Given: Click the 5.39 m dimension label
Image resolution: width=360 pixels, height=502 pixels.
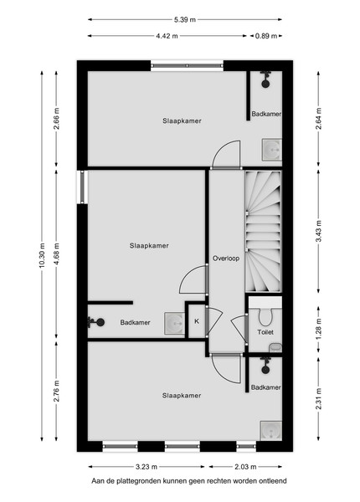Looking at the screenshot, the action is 185,19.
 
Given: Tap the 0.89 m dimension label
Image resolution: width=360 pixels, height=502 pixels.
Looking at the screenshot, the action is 266,36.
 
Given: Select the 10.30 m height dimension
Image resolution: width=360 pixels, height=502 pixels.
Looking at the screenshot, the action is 42,256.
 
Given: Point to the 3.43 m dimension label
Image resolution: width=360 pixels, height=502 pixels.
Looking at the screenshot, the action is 318,231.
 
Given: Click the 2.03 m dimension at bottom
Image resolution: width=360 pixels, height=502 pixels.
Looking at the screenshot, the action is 245,467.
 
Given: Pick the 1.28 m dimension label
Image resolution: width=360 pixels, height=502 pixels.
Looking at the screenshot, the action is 318,330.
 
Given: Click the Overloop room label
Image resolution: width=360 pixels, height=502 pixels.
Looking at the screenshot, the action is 226,259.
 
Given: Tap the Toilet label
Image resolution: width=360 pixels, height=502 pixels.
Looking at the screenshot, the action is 265,332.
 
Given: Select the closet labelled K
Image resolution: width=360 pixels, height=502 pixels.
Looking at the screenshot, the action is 197,321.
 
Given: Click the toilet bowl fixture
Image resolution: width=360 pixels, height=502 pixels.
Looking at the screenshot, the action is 265,316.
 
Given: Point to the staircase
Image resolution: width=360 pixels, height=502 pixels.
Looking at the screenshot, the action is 263,231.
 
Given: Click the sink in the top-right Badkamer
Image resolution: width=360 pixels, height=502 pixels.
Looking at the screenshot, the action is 272,150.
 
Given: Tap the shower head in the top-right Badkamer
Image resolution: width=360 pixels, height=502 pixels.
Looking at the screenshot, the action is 265,79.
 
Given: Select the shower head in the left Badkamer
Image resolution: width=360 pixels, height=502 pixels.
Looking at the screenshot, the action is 96,322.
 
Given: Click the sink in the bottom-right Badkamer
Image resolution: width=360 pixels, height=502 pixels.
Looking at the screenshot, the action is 271,431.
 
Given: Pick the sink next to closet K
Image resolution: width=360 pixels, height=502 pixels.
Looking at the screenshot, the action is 174,323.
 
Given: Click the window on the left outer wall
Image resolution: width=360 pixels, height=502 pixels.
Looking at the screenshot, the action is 82,187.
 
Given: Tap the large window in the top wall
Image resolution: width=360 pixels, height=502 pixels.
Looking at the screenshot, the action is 187,65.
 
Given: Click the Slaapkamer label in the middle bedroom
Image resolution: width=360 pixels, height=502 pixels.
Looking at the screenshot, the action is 149,245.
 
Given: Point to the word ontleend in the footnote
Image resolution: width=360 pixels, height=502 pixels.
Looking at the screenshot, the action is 274,480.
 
